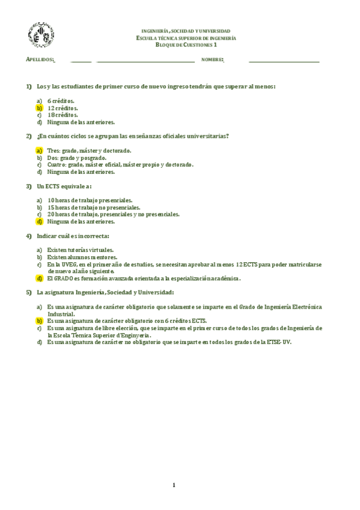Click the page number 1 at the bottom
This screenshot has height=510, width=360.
click(x=174, y=485)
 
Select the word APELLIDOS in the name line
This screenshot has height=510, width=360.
click(x=40, y=60)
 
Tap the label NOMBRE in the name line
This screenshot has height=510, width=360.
click(x=213, y=60)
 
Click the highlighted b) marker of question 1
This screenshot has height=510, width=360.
click(x=39, y=108)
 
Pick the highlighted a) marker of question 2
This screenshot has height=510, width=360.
click(x=39, y=150)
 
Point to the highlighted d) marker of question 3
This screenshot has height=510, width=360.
click(x=39, y=221)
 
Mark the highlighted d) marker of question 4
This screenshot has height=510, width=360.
click(x=39, y=278)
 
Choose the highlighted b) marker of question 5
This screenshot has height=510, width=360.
click(x=39, y=321)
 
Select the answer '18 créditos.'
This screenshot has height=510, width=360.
click(x=63, y=115)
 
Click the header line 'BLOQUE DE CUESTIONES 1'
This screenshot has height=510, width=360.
click(x=186, y=45)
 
